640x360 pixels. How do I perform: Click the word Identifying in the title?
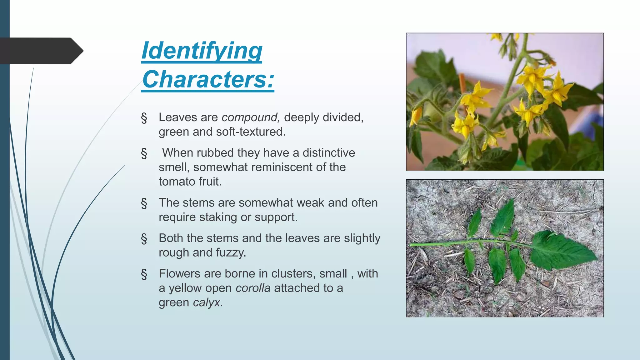[x=202, y=51]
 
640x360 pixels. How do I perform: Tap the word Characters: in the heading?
[x=208, y=79]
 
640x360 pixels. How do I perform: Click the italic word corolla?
[x=253, y=288]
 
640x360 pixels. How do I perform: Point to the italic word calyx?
[x=207, y=302]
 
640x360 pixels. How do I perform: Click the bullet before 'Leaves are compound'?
[x=144, y=118]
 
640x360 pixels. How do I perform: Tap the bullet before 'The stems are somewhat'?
[x=144, y=203]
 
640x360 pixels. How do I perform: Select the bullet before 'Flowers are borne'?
[x=144, y=274]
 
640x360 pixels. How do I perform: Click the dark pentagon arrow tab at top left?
[x=41, y=51]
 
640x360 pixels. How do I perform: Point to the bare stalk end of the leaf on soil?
[x=414, y=244]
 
